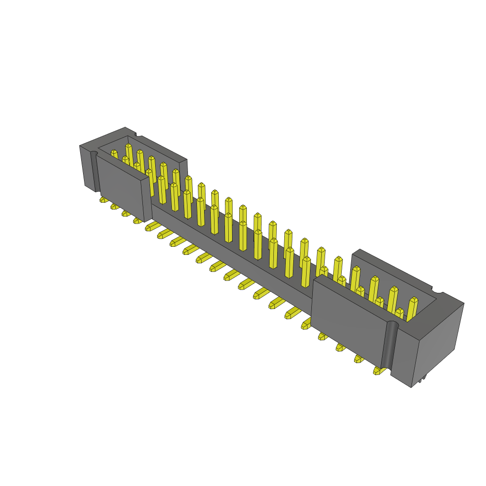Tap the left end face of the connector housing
pos(87,167)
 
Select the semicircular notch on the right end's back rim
pos(438,290)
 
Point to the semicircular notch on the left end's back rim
pos(138,135)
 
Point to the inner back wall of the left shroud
pos(157,152)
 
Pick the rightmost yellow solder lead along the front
pos(379,370)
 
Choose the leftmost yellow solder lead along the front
pos(104,200)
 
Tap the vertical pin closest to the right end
pos(411,310)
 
